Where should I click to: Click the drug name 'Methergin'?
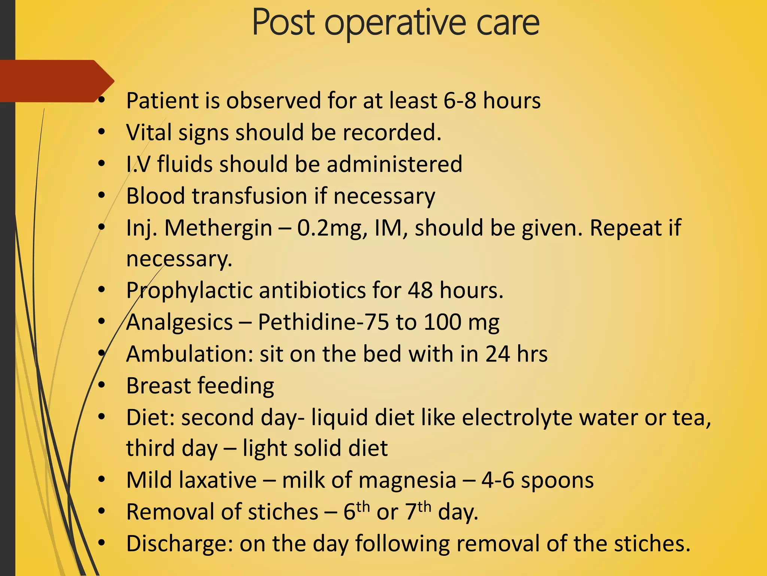tap(218, 228)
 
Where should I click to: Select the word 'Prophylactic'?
tap(189, 291)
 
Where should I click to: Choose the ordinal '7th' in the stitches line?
tap(418, 511)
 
